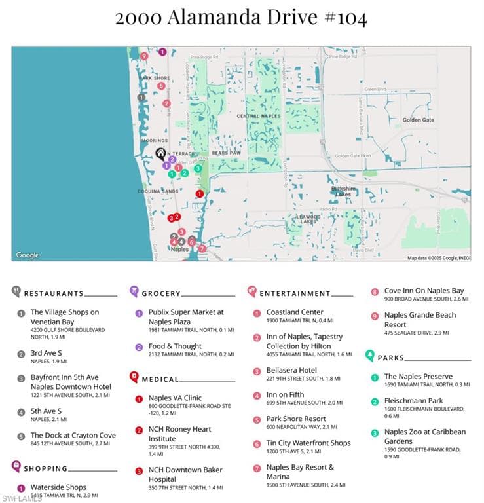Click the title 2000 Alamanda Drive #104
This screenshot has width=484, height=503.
coord(241,18)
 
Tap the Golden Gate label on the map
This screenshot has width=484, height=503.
coord(418,120)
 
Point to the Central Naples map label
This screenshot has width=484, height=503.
coord(258,116)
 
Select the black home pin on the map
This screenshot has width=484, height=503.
coord(160,153)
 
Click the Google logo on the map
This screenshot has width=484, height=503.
coord(28,255)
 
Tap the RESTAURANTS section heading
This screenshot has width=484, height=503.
coord(54,293)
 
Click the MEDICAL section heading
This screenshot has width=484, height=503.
coord(161,379)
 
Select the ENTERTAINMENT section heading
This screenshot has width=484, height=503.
coord(295,293)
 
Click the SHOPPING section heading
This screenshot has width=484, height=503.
coord(45,468)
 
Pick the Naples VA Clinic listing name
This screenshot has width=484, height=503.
coord(175,398)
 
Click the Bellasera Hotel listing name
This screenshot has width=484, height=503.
coord(291,370)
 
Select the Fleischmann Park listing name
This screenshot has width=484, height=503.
coord(413,401)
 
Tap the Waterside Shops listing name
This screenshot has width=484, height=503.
coord(58,487)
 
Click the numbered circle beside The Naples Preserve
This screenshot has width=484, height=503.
coord(375,377)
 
